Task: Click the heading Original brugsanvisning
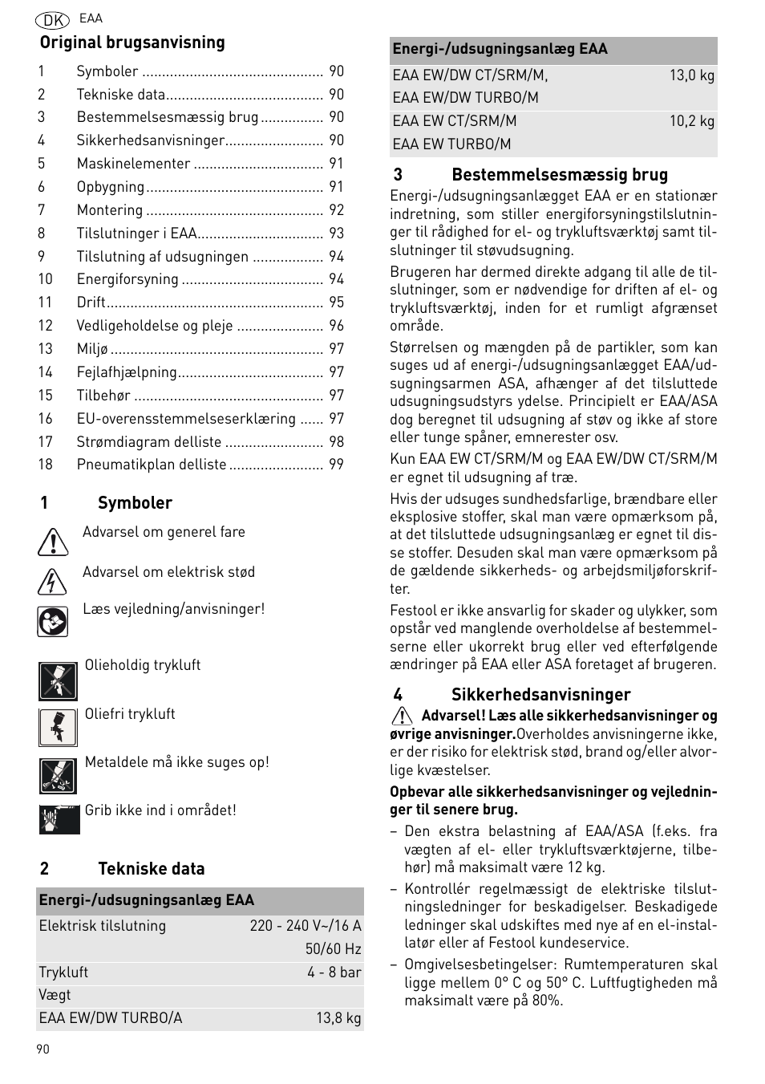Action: (x=132, y=43)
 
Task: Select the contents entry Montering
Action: (x=110, y=210)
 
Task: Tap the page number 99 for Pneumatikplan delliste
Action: (x=336, y=465)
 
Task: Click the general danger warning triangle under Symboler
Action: (x=52, y=543)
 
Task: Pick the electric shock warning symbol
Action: (x=52, y=581)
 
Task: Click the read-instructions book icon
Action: (x=52, y=621)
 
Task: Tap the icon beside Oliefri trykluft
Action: (x=58, y=727)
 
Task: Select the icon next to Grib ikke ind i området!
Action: (x=59, y=819)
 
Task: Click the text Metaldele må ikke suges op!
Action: (x=177, y=762)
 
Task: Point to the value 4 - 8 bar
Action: (x=334, y=972)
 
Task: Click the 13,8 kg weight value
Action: (x=338, y=1018)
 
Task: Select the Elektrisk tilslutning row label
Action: (x=103, y=926)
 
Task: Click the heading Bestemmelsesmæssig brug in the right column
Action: (x=559, y=175)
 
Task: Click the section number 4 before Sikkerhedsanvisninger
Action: (x=398, y=695)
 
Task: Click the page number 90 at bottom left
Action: (x=42, y=1049)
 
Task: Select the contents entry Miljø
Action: (x=92, y=349)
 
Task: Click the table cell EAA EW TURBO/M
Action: (x=451, y=144)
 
